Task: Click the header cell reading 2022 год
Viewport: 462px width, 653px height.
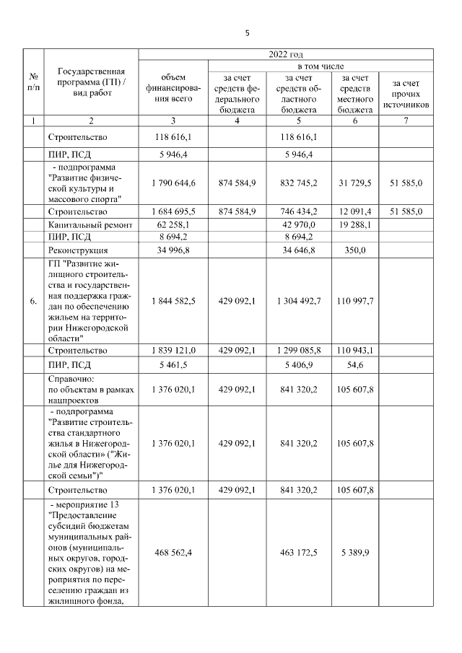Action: pyautogui.click(x=284, y=54)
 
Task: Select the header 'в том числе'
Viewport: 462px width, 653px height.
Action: pyautogui.click(x=321, y=66)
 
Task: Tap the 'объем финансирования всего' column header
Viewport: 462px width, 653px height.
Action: pyautogui.click(x=173, y=88)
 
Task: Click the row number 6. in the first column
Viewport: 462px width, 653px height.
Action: pyautogui.click(x=33, y=301)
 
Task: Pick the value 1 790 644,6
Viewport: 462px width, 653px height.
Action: pyautogui.click(x=173, y=184)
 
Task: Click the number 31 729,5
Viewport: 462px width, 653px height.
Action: pyautogui.click(x=354, y=184)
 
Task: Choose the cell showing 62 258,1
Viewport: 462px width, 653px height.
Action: pyautogui.click(x=173, y=226)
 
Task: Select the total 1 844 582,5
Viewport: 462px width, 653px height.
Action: pyautogui.click(x=173, y=301)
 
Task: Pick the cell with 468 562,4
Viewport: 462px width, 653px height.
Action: pyautogui.click(x=173, y=553)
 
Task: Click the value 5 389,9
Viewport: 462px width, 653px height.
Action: pyautogui.click(x=354, y=553)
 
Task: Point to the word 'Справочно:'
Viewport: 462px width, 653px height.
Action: pyautogui.click(x=70, y=379)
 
